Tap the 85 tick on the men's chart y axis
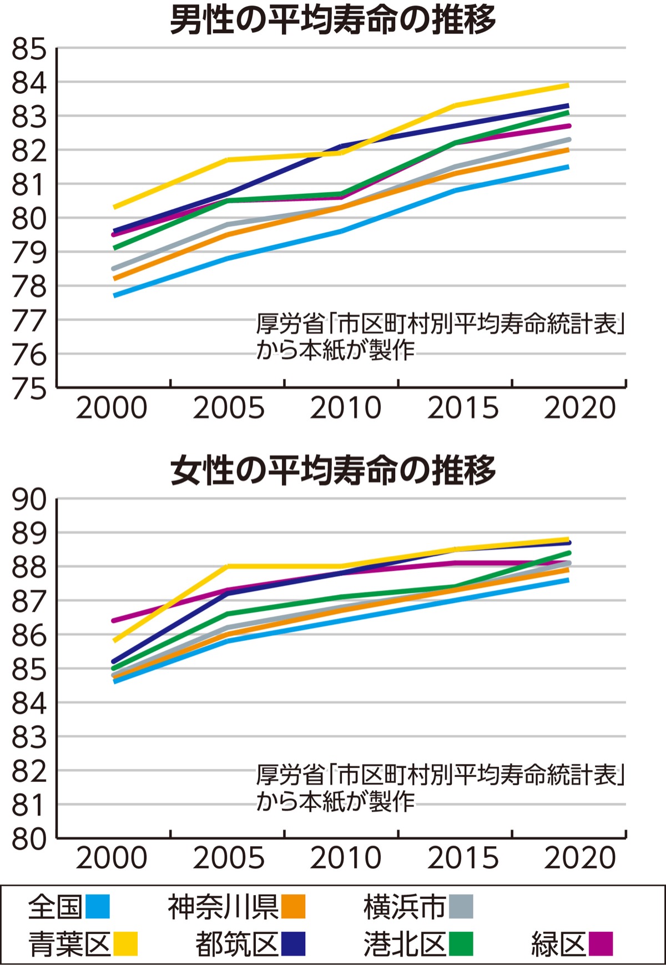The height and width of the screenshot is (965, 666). [x=29, y=49]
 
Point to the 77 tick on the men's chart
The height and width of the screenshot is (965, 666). [x=29, y=321]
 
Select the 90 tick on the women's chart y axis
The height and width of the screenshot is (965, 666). [x=29, y=500]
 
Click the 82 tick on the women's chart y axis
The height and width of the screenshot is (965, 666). [x=29, y=771]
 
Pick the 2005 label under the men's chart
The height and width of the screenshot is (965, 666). [x=229, y=409]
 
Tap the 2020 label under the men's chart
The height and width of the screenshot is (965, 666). [x=580, y=409]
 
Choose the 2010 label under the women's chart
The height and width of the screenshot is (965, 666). [x=345, y=858]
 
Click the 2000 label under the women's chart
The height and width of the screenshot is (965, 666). [x=111, y=858]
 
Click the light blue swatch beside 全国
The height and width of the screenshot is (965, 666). [x=98, y=907]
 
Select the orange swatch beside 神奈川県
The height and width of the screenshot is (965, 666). [x=293, y=907]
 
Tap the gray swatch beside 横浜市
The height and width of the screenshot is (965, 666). [x=461, y=907]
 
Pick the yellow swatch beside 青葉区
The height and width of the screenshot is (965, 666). [x=125, y=943]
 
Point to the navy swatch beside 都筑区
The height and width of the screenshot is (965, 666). [x=293, y=943]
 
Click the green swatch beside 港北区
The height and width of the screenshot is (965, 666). [x=461, y=943]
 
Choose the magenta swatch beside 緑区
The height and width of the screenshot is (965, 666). [x=601, y=943]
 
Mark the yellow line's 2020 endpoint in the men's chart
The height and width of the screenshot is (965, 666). [x=567, y=86]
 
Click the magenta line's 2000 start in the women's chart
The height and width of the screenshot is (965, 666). [x=114, y=620]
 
